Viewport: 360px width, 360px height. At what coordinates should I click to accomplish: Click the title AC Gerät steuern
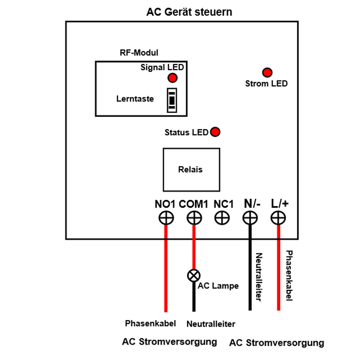point(189,12)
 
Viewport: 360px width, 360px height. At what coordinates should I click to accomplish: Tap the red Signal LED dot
point(172,77)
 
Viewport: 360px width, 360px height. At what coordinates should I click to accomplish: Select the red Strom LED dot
point(267,72)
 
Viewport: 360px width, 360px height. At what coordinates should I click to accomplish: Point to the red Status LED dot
point(215,132)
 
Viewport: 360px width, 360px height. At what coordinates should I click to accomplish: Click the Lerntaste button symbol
point(172,99)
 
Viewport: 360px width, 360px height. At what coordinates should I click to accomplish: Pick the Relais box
point(191,170)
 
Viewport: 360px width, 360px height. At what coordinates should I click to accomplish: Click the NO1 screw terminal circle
point(166,218)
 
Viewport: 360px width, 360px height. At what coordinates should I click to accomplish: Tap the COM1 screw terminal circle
point(194,218)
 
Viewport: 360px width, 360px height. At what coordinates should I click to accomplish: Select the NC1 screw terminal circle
point(222,218)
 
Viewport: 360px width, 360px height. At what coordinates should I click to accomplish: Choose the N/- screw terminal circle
point(250,218)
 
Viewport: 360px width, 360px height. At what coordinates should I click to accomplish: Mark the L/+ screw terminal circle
point(278,218)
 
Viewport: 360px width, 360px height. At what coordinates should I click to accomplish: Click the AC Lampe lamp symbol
point(194,276)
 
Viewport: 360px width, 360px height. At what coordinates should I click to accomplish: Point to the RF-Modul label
point(139,53)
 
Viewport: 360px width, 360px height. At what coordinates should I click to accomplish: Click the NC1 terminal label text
point(224,204)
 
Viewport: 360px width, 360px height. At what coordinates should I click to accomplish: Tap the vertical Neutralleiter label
point(259,277)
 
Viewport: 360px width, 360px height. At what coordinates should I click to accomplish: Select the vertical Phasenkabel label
point(289,276)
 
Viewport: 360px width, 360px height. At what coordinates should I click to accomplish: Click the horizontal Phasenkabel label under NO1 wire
point(150,323)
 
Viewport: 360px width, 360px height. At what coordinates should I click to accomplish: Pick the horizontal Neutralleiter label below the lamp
point(211,324)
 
